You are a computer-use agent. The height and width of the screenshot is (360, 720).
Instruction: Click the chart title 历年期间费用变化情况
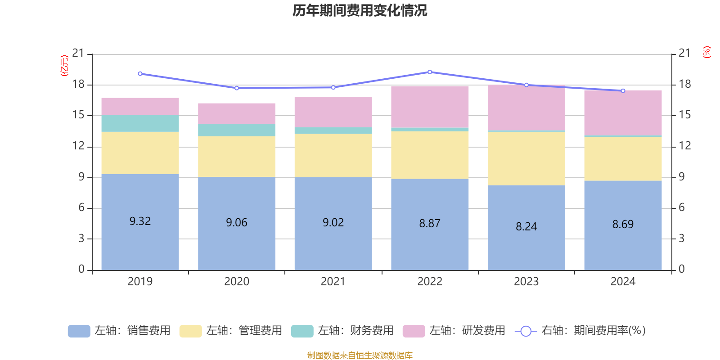tap(360, 10)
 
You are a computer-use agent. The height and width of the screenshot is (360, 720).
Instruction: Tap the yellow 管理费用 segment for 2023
tap(526, 158)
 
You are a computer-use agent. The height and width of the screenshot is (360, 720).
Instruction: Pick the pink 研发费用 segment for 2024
tap(623, 112)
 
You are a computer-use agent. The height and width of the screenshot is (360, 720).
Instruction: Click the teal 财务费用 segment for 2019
tap(140, 123)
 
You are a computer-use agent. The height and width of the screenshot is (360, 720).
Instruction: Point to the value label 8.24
tap(526, 226)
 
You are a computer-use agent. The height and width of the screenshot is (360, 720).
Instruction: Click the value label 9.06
tap(237, 222)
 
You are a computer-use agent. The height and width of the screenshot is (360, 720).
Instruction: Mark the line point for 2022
tap(430, 72)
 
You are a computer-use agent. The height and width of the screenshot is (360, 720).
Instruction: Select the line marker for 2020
tap(237, 88)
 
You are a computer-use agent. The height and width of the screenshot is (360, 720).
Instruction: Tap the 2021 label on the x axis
tap(333, 282)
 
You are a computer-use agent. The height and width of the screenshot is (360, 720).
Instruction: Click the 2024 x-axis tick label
tap(623, 282)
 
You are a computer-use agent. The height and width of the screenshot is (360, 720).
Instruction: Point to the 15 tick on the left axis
tap(78, 115)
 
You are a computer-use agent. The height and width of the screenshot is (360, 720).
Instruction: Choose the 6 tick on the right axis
tap(681, 207)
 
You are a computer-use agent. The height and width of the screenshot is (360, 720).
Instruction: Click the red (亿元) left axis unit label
tap(64, 66)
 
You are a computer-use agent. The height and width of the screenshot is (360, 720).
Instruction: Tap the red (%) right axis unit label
tap(706, 52)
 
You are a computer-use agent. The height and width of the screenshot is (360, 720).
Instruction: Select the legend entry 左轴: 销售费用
tap(119, 331)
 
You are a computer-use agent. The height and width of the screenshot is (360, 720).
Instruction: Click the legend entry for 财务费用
tap(342, 331)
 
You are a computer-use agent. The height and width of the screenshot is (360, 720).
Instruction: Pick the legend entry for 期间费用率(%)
tap(580, 331)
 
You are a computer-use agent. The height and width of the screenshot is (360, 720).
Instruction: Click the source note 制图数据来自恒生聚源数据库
tap(360, 355)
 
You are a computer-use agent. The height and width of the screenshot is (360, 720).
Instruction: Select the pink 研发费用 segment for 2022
tap(430, 107)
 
